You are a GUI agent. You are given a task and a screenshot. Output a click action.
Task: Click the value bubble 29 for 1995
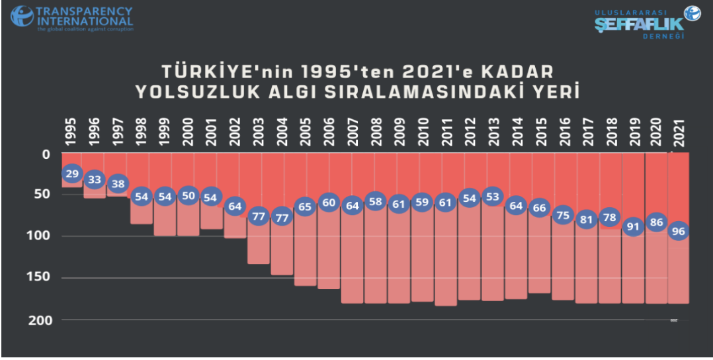click(72, 173)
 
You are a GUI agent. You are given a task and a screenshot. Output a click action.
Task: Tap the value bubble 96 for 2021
click(679, 232)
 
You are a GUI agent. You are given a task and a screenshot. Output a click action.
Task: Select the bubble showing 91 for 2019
click(633, 226)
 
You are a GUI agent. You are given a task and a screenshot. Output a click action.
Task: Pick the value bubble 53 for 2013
click(491, 197)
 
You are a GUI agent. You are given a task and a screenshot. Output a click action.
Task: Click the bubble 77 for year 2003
click(259, 216)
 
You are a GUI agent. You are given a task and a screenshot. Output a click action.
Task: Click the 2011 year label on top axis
click(446, 132)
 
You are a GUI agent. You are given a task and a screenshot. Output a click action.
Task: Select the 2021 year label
click(679, 132)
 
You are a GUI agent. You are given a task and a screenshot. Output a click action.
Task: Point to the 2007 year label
click(352, 132)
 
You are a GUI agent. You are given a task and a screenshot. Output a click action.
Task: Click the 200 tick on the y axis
click(41, 320)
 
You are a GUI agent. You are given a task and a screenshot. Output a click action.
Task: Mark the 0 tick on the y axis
click(46, 154)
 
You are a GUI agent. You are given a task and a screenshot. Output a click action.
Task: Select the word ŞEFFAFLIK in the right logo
click(638, 24)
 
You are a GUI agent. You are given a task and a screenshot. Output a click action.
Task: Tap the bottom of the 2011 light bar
click(446, 304)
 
